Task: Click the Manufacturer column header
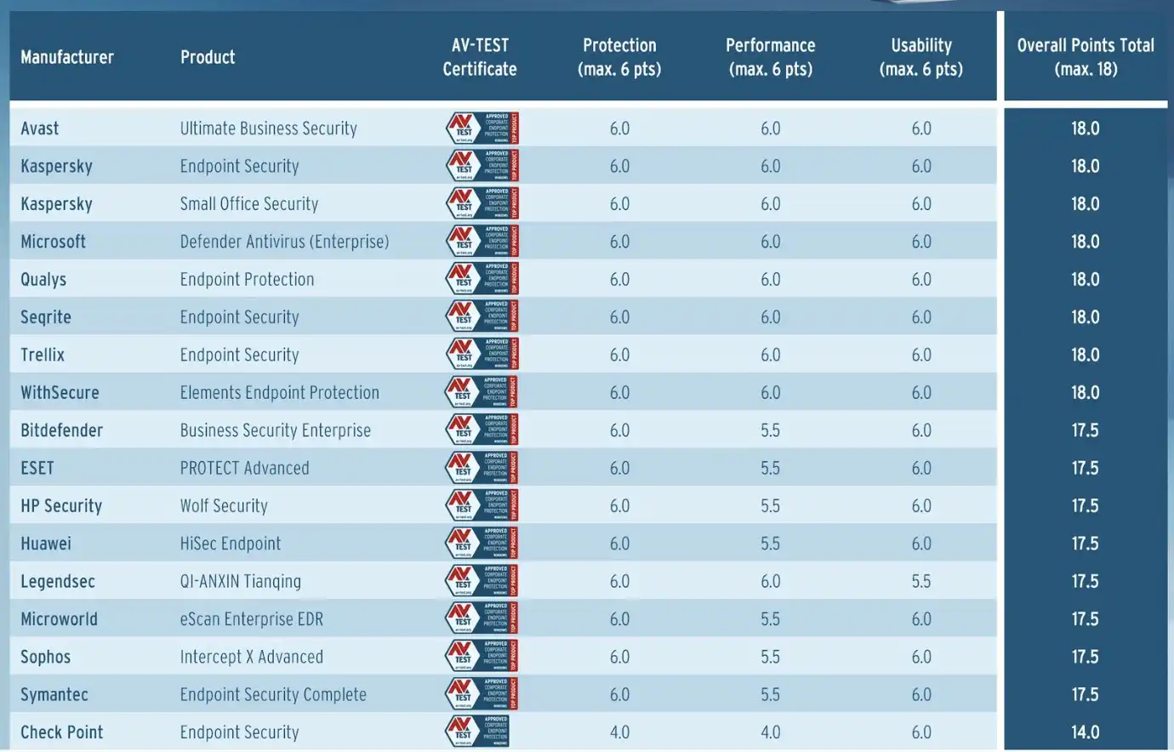pyautogui.click(x=67, y=57)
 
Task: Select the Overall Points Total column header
pyautogui.click(x=1086, y=57)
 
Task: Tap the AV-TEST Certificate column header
pyautogui.click(x=480, y=57)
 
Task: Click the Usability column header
pyautogui.click(x=921, y=57)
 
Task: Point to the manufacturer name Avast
pyautogui.click(x=40, y=128)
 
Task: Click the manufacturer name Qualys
pyautogui.click(x=43, y=279)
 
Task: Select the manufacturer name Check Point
pyautogui.click(x=62, y=732)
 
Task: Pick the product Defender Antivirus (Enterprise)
pyautogui.click(x=284, y=242)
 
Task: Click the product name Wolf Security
pyautogui.click(x=224, y=506)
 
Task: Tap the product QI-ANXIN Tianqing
pyautogui.click(x=241, y=581)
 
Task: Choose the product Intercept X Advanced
pyautogui.click(x=252, y=657)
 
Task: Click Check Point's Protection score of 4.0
pyautogui.click(x=619, y=732)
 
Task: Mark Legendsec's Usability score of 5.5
pyautogui.click(x=921, y=581)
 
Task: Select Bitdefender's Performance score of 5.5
pyautogui.click(x=771, y=430)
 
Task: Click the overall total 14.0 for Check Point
pyautogui.click(x=1086, y=732)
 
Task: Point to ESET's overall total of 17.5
pyautogui.click(x=1086, y=468)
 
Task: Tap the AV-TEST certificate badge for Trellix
pyautogui.click(x=482, y=354)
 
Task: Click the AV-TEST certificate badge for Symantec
pyautogui.click(x=482, y=693)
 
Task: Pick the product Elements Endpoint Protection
pyautogui.click(x=280, y=392)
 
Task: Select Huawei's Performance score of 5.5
pyautogui.click(x=771, y=544)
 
